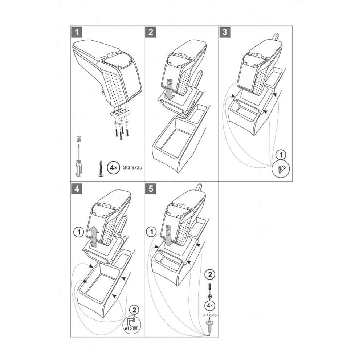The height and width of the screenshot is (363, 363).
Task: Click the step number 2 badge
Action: (151, 32)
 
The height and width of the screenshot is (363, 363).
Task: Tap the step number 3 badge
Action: (225, 32)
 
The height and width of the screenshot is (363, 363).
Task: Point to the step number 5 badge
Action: (151, 188)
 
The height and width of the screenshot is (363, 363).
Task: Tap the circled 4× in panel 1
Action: (114, 168)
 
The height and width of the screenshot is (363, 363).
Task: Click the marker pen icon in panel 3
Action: (281, 169)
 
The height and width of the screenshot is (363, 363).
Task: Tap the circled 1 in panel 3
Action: (281, 155)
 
